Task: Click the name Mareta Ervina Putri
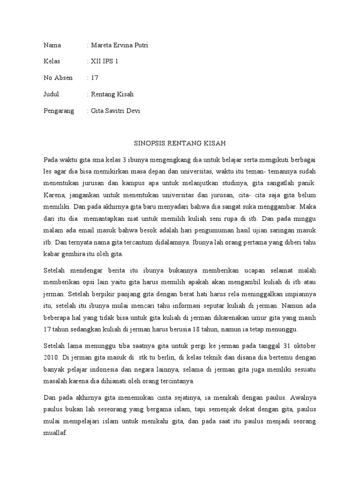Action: pos(121,45)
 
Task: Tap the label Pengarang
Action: pos(59,111)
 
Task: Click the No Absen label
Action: pos(58,78)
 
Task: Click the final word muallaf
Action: pos(55,434)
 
